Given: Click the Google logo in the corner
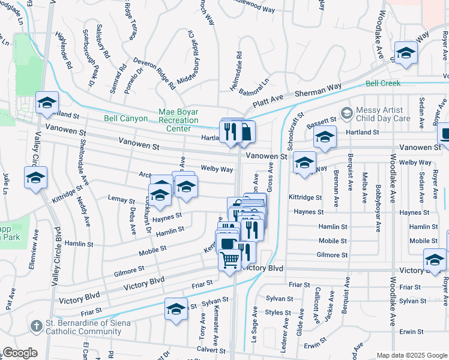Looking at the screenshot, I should [20, 353].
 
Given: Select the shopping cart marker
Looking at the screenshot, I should [229, 260].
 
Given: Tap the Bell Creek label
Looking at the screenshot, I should [382, 83].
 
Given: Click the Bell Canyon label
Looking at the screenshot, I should [125, 119].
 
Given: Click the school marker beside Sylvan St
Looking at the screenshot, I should [175, 309].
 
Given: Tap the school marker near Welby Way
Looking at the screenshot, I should [304, 163].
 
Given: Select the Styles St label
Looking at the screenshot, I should [278, 312].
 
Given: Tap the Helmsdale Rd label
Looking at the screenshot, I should [240, 63].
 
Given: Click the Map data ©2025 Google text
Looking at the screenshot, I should [411, 355].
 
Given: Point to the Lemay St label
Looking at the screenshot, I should [121, 200].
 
